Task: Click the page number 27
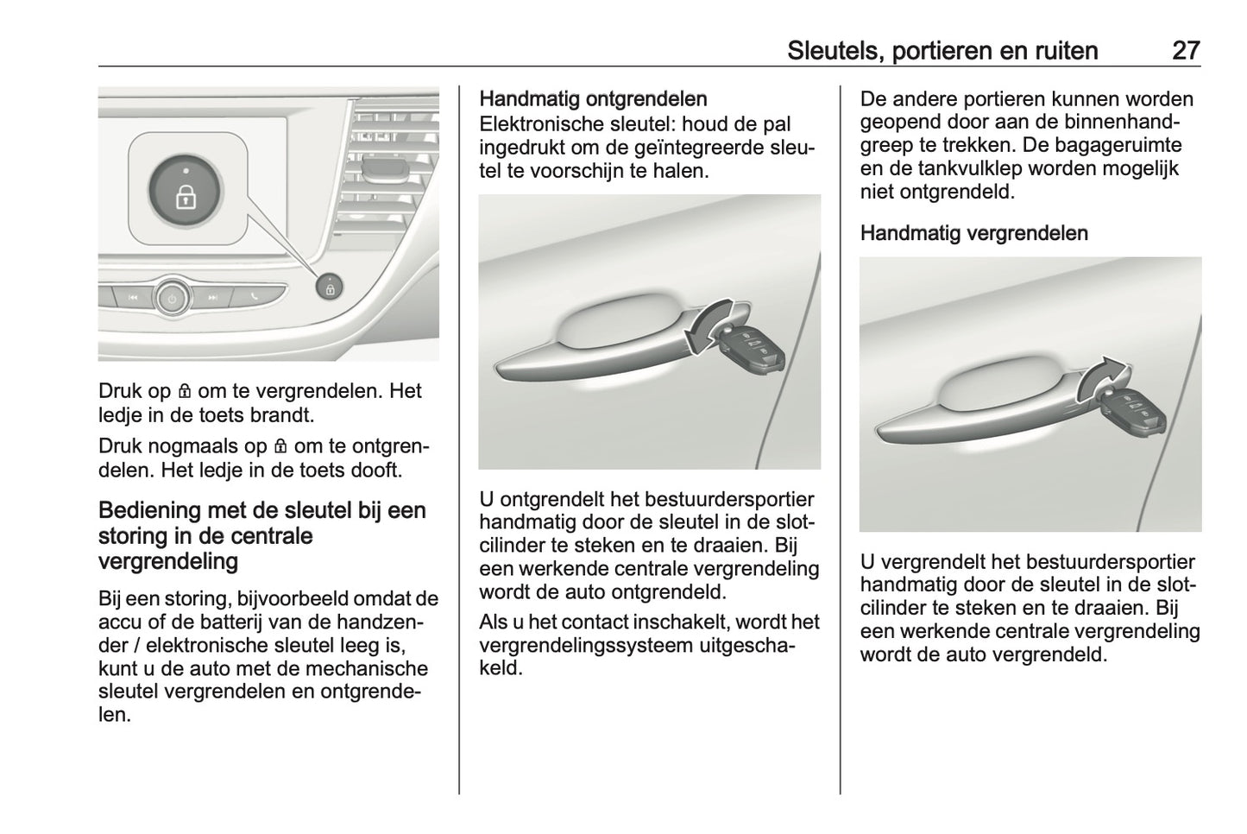[1185, 50]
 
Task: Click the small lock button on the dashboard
[330, 287]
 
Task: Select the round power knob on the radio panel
[173, 299]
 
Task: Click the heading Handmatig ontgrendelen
[593, 99]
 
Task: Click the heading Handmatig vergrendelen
[973, 233]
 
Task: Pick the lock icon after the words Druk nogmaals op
[280, 447]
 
